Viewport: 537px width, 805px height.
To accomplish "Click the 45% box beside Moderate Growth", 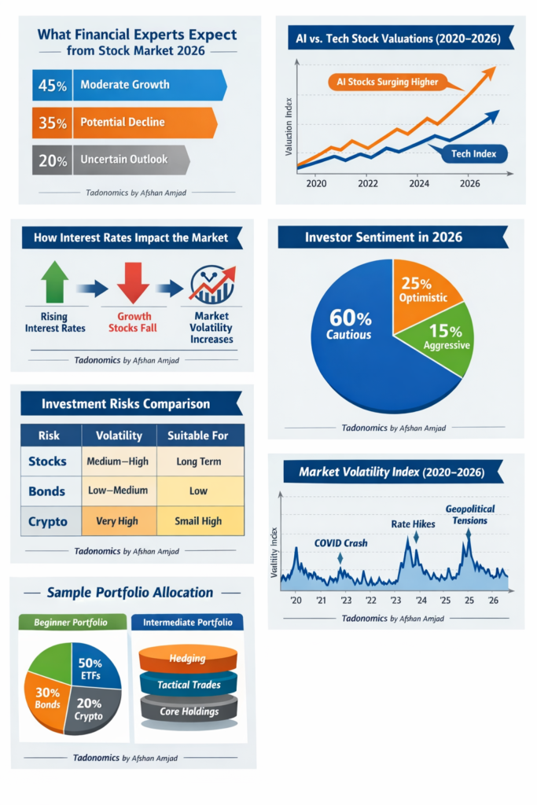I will [52, 85].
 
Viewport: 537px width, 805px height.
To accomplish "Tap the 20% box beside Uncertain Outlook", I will [52, 160].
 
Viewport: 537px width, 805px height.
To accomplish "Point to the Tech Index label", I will [474, 153].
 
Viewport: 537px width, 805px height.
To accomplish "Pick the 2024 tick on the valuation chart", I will [418, 183].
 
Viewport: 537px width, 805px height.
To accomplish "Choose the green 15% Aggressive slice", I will [445, 338].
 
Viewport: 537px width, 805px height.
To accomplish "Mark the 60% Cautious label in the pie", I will [350, 325].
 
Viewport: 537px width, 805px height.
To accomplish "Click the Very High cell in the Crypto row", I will [117, 520].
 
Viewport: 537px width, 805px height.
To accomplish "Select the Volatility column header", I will [119, 435].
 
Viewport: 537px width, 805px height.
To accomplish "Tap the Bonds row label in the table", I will [47, 491].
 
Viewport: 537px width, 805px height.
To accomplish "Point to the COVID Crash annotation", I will [340, 542].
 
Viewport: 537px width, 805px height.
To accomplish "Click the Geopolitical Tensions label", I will [466, 514].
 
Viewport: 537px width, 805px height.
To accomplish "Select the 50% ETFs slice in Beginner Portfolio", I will [96, 667].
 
